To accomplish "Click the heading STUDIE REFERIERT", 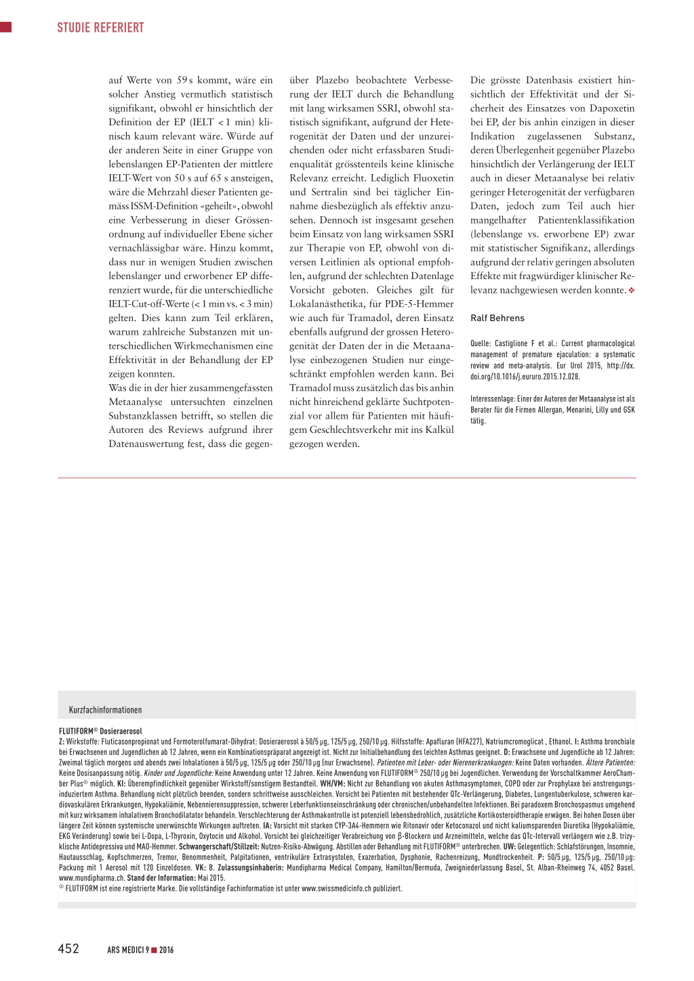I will pyautogui.click(x=100, y=28).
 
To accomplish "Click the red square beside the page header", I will pyautogui.click(x=6, y=27).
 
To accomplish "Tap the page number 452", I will pyautogui.click(x=68, y=948).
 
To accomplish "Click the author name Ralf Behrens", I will pyautogui.click(x=497, y=318).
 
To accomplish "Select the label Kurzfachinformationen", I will pyautogui.click(x=105, y=710).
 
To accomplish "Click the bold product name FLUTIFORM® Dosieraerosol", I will pyautogui.click(x=100, y=732).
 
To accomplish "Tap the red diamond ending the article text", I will pyautogui.click(x=632, y=291).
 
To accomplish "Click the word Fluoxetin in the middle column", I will pyautogui.click(x=433, y=178).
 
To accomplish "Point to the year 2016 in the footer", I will pyautogui.click(x=167, y=950).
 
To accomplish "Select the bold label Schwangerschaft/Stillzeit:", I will pyautogui.click(x=219, y=847).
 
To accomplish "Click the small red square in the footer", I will pyautogui.click(x=154, y=950).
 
